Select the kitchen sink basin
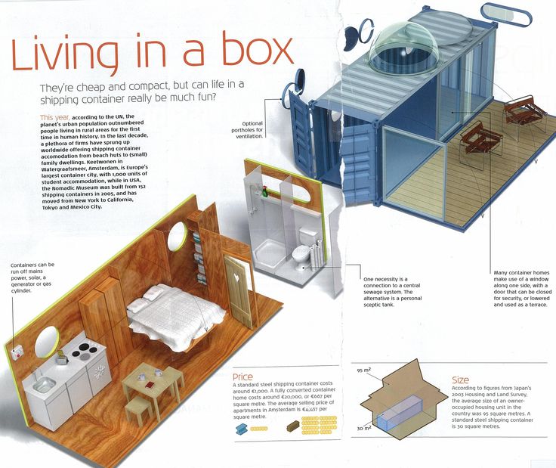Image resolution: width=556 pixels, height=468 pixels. point(44,384)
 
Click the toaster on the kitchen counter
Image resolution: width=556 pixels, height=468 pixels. point(62,358)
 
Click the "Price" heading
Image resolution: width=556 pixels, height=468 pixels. point(243,377)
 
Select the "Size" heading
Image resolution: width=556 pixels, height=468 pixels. point(460,380)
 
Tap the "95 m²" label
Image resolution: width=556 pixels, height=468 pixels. point(364,370)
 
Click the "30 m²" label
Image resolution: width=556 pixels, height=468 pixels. point(364,428)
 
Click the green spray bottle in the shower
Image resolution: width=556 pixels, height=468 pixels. point(264,191)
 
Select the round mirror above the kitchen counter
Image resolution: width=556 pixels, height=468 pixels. point(47,341)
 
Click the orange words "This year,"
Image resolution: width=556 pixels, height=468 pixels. point(55,117)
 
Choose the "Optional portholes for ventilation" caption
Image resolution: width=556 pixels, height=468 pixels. point(247,130)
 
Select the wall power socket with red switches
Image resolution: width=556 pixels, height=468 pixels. point(17,352)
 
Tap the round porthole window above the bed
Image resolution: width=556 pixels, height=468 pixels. point(177,237)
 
